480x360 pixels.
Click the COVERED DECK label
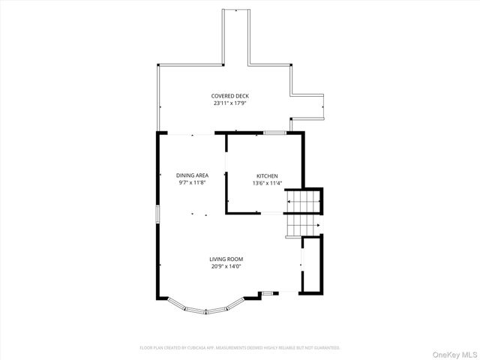click(x=230, y=96)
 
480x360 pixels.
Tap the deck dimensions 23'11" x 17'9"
click(x=230, y=103)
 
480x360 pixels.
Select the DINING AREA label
click(x=192, y=175)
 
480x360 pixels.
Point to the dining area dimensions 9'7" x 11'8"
click(x=192, y=182)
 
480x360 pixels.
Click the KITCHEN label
click(x=266, y=175)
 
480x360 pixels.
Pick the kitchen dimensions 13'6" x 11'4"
click(x=266, y=182)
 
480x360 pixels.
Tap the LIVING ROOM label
click(x=226, y=259)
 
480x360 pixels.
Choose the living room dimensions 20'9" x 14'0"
click(x=226, y=266)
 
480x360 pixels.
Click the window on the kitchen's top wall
click(x=274, y=133)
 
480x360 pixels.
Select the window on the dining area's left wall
click(x=157, y=213)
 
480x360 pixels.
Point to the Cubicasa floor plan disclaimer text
click(x=240, y=348)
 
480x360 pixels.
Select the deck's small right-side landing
click(x=307, y=106)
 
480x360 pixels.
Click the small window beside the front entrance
click(x=267, y=292)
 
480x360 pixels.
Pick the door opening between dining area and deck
click(x=192, y=133)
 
